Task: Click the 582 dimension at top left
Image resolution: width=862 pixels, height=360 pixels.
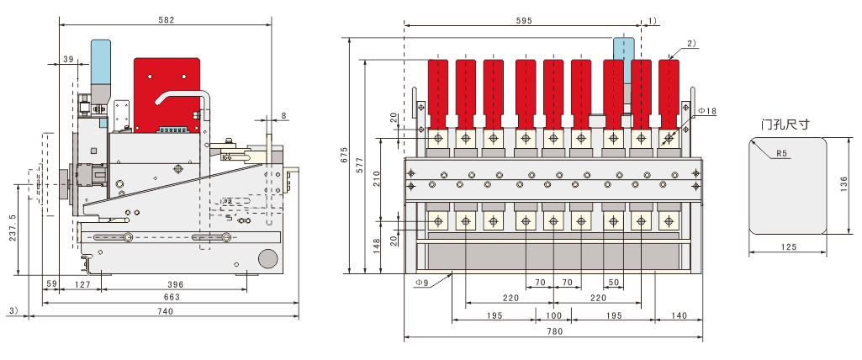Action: click(166, 20)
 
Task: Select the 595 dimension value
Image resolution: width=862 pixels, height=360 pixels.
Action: click(524, 20)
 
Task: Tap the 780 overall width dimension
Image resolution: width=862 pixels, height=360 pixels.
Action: click(555, 331)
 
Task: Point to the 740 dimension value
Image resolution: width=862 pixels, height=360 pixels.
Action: click(165, 311)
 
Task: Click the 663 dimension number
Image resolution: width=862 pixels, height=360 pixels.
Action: click(172, 297)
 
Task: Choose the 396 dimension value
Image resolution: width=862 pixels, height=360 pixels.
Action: click(175, 284)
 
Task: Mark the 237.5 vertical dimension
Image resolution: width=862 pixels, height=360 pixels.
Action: click(13, 229)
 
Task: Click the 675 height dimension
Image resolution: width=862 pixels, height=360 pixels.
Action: click(345, 156)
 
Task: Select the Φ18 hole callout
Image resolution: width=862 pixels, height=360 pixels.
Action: click(707, 112)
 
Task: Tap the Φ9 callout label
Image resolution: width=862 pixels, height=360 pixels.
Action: click(421, 283)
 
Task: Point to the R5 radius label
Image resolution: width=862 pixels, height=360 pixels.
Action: click(782, 153)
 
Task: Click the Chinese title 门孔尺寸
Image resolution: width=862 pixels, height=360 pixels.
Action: click(785, 124)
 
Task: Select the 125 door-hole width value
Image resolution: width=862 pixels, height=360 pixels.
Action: click(788, 247)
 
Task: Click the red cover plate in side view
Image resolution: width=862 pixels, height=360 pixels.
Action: click(167, 95)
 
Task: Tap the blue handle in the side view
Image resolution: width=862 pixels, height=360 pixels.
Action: click(101, 61)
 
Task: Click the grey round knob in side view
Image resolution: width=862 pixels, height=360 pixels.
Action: click(268, 258)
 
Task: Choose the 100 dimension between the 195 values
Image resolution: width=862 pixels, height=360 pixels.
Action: click(554, 315)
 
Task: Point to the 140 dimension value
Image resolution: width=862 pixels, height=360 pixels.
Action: click(679, 315)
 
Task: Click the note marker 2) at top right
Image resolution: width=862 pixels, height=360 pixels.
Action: click(691, 44)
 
